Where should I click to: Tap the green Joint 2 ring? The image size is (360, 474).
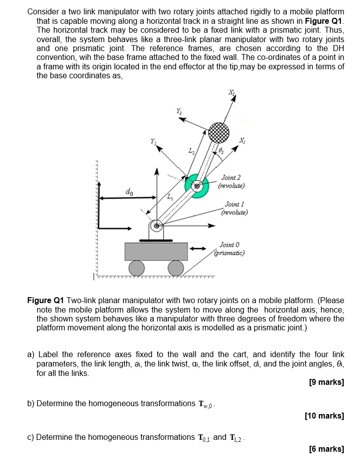(197, 186)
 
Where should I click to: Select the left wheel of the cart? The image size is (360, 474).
(137, 268)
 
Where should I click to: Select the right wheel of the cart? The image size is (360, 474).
(175, 268)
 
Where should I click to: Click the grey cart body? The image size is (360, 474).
(156, 251)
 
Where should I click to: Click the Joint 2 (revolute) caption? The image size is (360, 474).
(231, 181)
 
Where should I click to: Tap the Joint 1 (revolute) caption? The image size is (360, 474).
(235, 208)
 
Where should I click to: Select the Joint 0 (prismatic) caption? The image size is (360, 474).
(229, 248)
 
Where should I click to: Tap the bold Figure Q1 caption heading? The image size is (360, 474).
(46, 301)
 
